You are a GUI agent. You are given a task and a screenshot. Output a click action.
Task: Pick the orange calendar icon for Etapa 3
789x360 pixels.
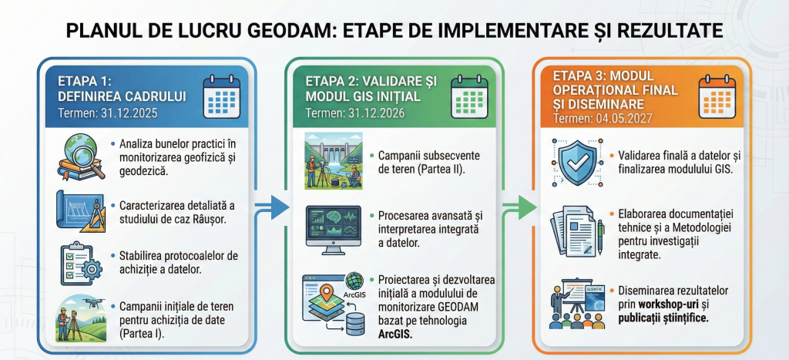click(x=717, y=96)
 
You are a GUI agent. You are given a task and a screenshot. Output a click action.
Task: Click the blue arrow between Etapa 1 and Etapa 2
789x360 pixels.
click(x=272, y=207)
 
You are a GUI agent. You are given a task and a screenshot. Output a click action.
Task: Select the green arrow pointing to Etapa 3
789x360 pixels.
click(x=519, y=207)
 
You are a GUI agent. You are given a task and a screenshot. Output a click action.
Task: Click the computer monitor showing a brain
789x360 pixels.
click(x=333, y=230)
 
